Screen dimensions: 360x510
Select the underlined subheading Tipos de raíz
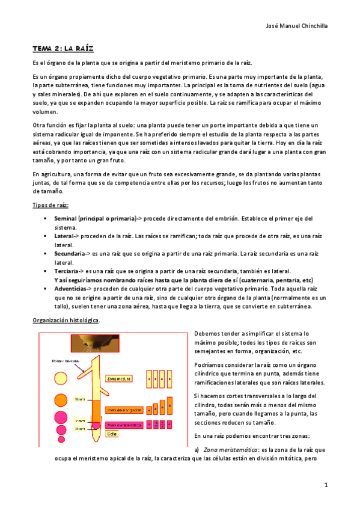pos(50,205)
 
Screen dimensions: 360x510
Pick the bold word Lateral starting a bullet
pos(65,236)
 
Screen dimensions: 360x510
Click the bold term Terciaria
pos(67,272)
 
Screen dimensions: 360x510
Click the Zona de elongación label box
pos(123,410)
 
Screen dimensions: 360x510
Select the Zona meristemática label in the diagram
pos(124,425)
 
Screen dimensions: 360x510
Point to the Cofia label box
pos(112,434)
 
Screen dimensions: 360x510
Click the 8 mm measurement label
pos(79,399)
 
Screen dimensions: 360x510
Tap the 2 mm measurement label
pos(79,420)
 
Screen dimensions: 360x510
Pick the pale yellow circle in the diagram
pos(59,382)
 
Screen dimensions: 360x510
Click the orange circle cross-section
pos(60,399)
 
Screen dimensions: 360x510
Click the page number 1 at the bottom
pos(325,484)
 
